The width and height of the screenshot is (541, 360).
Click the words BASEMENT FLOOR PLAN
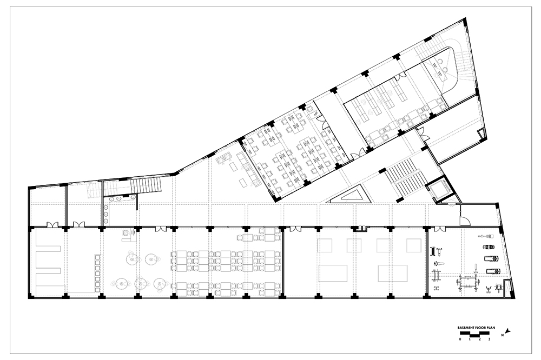click(476, 328)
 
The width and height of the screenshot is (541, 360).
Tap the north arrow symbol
click(507, 331)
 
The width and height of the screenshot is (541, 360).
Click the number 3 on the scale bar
click(489, 339)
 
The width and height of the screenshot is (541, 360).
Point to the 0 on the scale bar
click(459, 339)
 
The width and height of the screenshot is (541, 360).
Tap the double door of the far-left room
click(52, 224)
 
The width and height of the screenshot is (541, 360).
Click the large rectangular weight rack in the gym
click(467, 282)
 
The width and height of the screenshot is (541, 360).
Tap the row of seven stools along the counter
click(97, 273)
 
